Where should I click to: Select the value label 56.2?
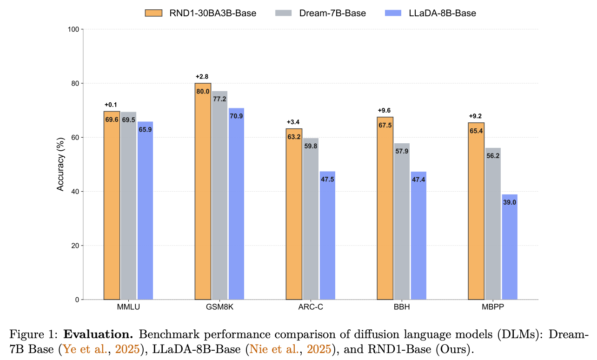click(493, 156)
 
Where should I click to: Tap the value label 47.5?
click(327, 180)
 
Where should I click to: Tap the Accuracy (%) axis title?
click(60, 164)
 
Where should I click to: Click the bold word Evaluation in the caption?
click(98, 334)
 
